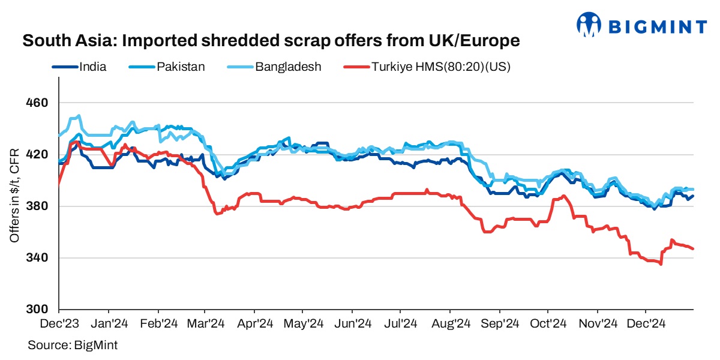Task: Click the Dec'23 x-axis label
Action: pos(59,324)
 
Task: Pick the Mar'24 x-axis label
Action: pos(205,324)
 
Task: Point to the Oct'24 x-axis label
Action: pos(547,324)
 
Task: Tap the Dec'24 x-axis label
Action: pos(645,324)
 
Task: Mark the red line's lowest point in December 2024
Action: pos(661,264)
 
